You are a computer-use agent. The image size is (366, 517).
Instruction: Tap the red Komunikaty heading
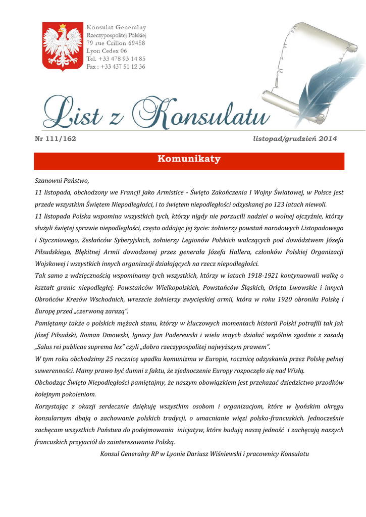click(189, 160)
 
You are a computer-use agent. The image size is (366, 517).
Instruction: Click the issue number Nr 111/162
click(55, 138)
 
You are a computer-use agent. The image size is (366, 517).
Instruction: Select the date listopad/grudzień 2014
click(295, 138)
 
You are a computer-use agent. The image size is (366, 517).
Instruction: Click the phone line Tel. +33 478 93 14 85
click(116, 59)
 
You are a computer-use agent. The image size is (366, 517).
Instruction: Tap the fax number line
click(116, 67)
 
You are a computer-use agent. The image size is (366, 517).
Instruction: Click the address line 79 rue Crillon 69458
click(116, 43)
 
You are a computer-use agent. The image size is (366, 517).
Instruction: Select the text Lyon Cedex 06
click(107, 51)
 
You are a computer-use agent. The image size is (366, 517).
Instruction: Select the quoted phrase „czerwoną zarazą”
click(104, 312)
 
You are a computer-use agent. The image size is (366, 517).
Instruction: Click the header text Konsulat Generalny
click(116, 27)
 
